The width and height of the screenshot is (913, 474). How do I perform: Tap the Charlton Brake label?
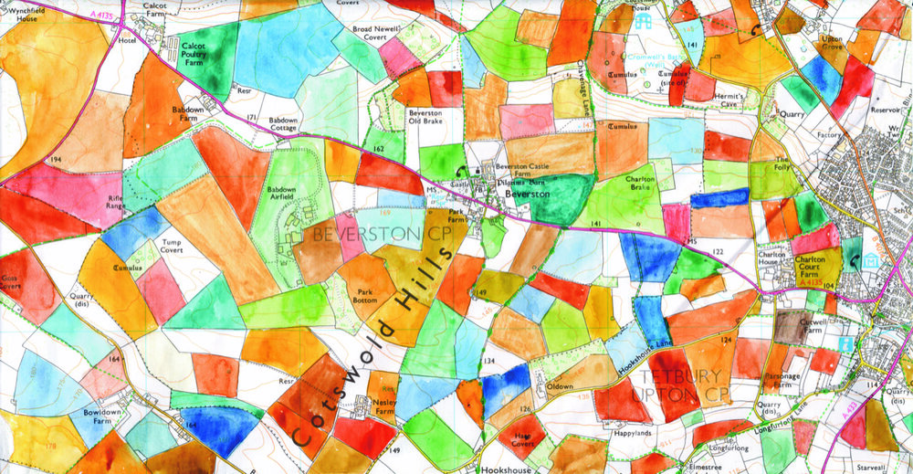click(642, 184)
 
